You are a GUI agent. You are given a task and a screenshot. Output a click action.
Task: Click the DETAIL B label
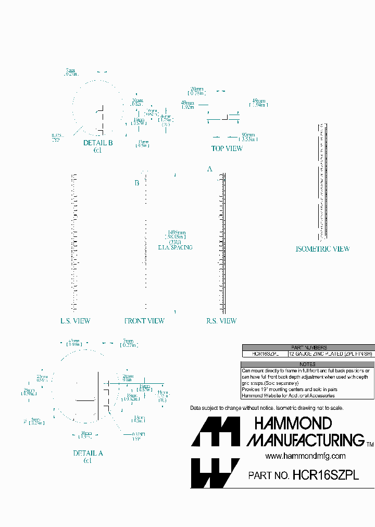98,143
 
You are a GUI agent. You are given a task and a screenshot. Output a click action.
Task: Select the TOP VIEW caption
227,148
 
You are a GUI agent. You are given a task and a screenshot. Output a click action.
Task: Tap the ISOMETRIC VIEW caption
322,249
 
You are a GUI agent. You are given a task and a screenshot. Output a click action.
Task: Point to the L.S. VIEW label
75,321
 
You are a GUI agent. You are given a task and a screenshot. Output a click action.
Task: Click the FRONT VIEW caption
144,321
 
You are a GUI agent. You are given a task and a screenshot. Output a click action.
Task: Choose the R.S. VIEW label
221,321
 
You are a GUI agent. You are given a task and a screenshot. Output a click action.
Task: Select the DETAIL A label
88,453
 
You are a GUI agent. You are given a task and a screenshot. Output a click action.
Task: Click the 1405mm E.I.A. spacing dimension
176,240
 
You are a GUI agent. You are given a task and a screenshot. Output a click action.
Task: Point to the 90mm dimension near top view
248,136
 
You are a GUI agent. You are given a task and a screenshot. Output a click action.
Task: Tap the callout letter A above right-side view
210,169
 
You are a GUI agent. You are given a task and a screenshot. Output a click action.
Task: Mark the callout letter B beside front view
137,183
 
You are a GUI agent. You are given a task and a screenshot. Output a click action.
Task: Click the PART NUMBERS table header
308,347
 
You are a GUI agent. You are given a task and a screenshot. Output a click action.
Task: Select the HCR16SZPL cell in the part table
265,354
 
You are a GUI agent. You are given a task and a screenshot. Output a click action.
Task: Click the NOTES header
308,364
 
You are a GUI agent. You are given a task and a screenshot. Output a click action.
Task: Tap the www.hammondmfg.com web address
305,456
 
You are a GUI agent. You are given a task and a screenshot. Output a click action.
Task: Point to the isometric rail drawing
322,180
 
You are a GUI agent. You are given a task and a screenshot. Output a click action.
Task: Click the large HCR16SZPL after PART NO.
326,475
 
